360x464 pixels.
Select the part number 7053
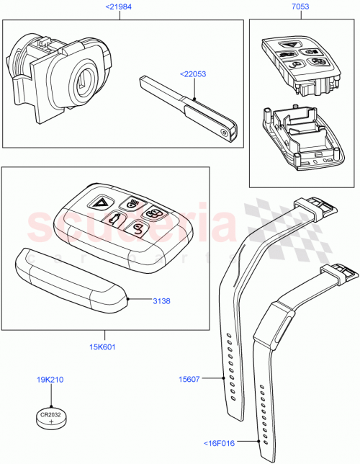tap(300, 7)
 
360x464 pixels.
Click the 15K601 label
tap(104, 346)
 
